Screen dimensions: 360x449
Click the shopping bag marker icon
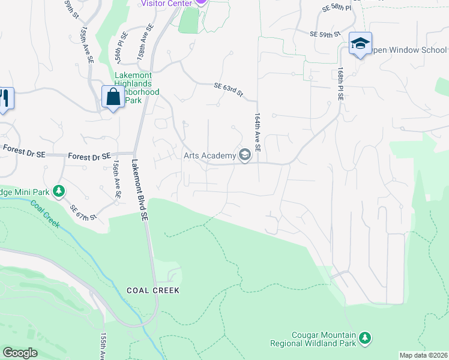[x=113, y=97]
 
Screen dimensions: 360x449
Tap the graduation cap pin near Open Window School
[x=360, y=43]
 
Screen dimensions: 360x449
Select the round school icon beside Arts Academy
[x=245, y=155]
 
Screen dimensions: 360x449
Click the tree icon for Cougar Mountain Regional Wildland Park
[x=365, y=338]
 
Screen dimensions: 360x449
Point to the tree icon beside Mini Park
[x=59, y=191]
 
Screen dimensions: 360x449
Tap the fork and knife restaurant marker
[x=5, y=98]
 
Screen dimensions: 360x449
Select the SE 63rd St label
[x=229, y=90]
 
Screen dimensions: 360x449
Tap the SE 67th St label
[x=83, y=212]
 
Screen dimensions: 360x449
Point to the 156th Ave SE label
[x=116, y=179]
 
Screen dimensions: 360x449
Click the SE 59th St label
[x=326, y=35]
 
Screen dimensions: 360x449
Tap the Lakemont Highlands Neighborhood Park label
[x=137, y=88]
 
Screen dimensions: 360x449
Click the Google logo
[x=20, y=353]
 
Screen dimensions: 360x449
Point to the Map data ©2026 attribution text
[x=423, y=355]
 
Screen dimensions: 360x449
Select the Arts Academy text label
[x=209, y=156]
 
